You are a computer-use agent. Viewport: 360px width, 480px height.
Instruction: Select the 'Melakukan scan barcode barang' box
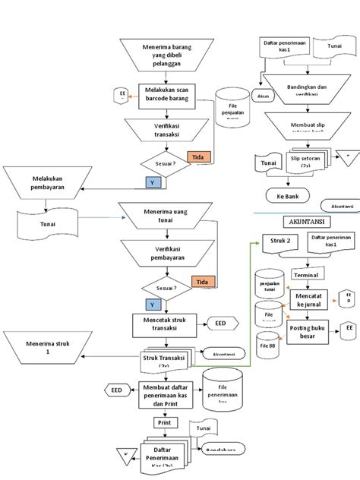[x=167, y=97]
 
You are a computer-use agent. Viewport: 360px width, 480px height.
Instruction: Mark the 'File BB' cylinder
[x=268, y=323]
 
